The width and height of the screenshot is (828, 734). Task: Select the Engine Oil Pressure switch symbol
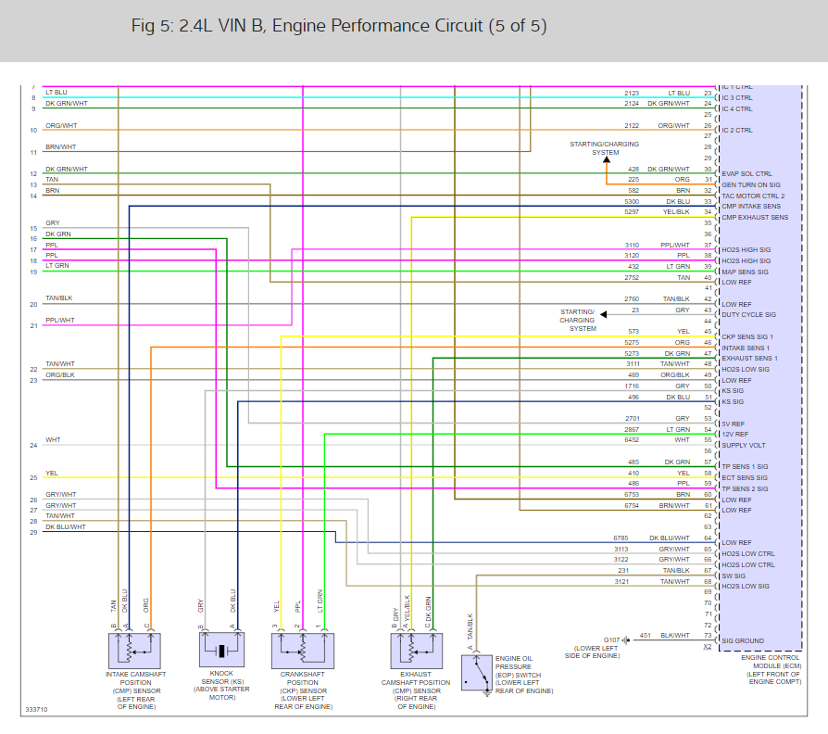pyautogui.click(x=483, y=674)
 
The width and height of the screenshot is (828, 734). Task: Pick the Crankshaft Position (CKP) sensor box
pyautogui.click(x=302, y=650)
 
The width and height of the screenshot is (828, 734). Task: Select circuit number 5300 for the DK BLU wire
pyautogui.click(x=632, y=201)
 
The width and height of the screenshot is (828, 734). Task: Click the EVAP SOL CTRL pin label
pyautogui.click(x=746, y=173)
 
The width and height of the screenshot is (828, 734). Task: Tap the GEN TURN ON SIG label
pyautogui.click(x=751, y=184)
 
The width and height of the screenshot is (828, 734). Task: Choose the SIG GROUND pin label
pyautogui.click(x=743, y=641)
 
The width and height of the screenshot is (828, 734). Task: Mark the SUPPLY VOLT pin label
pyautogui.click(x=744, y=445)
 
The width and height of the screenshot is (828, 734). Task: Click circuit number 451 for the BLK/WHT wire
pyautogui.click(x=645, y=635)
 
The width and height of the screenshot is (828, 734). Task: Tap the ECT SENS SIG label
pyautogui.click(x=745, y=477)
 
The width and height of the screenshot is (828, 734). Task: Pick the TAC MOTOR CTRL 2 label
pyautogui.click(x=753, y=196)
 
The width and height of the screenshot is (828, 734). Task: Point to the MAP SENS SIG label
pyautogui.click(x=746, y=272)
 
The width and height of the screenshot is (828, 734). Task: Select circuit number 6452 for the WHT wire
pyautogui.click(x=632, y=440)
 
